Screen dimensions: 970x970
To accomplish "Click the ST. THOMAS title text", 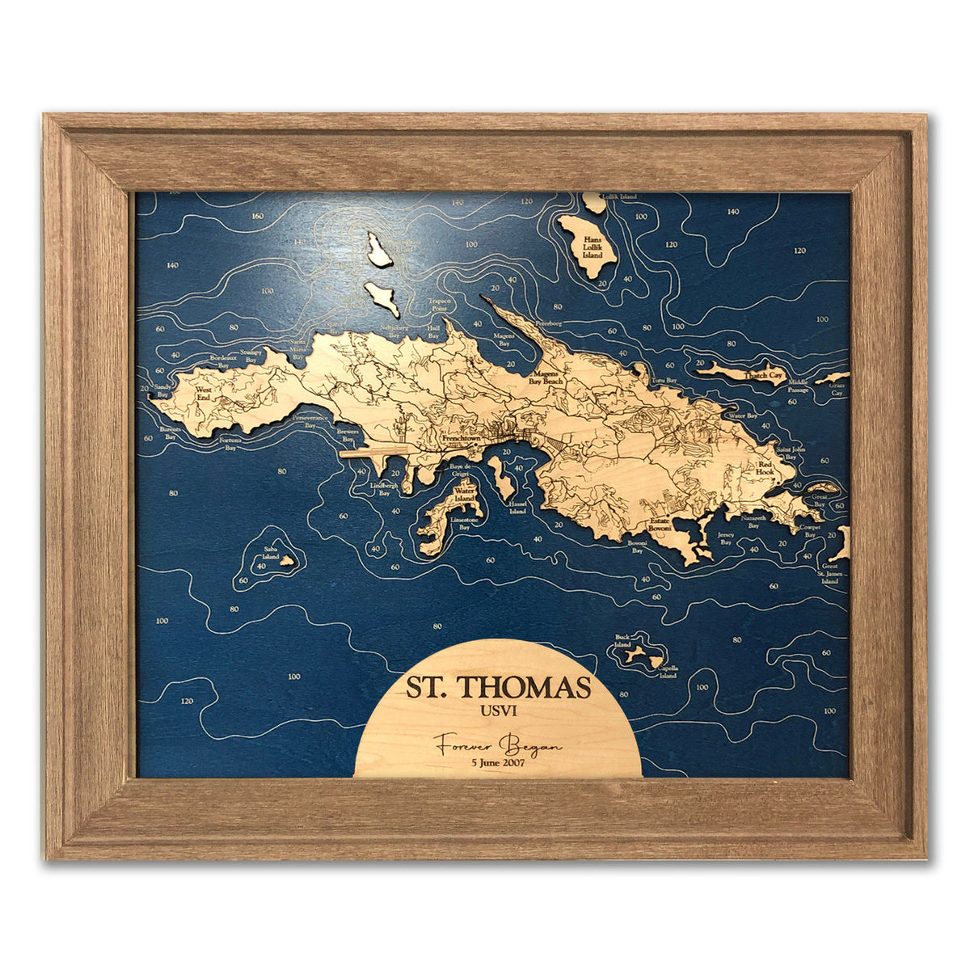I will pos(498,687).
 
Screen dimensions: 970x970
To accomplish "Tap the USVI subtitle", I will pos(498,711).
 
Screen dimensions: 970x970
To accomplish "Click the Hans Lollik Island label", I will pos(593,242).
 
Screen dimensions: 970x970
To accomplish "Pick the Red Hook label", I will pos(766,470).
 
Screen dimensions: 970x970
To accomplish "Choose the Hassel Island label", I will pos(518,507).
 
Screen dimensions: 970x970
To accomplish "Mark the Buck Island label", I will pos(622,641).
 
